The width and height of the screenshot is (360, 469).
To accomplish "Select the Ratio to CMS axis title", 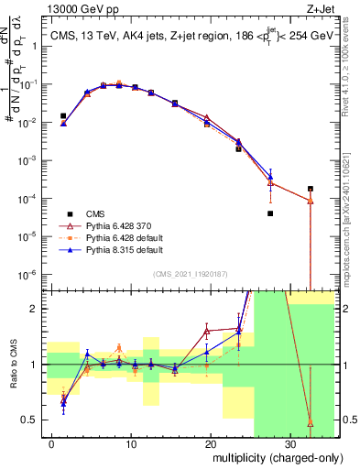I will click(13, 379).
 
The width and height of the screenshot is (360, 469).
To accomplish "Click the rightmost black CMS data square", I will click(310, 189).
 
